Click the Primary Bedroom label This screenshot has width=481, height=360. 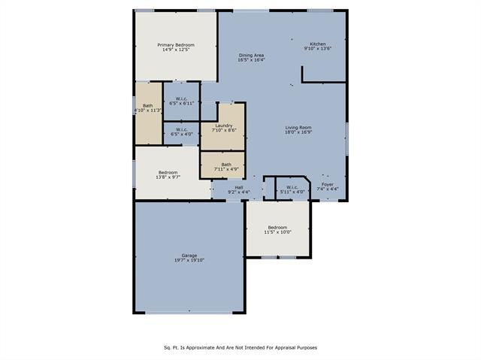[175, 45]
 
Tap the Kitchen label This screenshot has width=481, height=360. [318, 44]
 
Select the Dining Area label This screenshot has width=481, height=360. [251, 55]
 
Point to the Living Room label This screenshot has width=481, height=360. [298, 128]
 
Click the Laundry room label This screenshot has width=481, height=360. [223, 126]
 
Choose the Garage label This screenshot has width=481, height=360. [189, 256]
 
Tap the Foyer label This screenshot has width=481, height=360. [328, 184]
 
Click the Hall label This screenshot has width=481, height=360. [238, 187]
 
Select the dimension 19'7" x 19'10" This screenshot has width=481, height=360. [189, 261]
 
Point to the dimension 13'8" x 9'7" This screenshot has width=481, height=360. [167, 177]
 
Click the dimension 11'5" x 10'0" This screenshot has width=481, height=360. [277, 232]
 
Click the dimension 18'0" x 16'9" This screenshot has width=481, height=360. [298, 132]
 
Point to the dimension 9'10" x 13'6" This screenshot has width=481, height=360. [318, 49]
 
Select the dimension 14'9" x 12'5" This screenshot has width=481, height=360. [175, 50]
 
